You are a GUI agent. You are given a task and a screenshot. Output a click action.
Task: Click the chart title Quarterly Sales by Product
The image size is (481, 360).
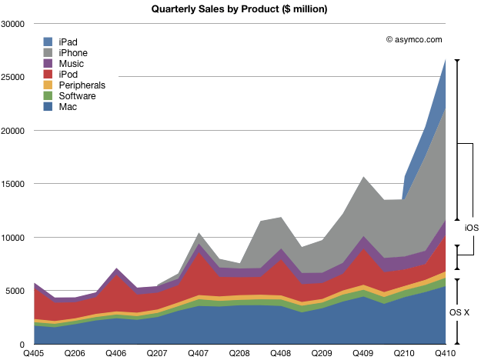(241, 8)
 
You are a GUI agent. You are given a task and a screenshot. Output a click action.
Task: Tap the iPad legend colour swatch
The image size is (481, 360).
(48, 42)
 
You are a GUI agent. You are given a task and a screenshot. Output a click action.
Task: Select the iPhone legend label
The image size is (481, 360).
(77, 53)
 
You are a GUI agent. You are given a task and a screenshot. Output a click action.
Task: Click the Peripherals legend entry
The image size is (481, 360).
(82, 85)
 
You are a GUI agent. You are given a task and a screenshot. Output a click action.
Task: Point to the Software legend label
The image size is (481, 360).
(77, 96)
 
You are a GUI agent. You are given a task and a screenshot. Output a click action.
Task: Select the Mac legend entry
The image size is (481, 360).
(68, 107)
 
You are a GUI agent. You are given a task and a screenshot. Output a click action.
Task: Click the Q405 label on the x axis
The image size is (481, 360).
(33, 352)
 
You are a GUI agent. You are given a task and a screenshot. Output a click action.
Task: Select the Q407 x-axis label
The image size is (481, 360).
(199, 352)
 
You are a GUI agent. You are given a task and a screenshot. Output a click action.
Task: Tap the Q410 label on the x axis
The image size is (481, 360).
(446, 352)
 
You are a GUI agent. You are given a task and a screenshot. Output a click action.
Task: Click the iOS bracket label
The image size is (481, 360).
(472, 228)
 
